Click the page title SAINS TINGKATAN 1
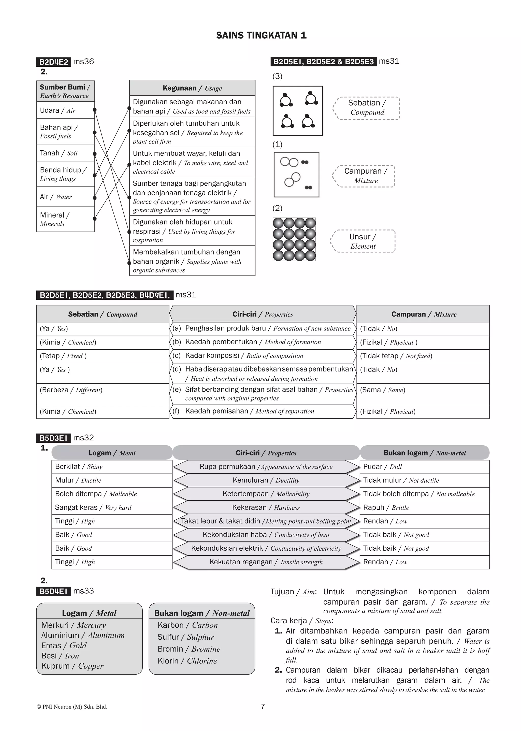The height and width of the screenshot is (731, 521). [261, 35]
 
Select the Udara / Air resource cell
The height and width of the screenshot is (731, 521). [65, 110]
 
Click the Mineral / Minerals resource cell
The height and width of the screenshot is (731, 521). [65, 219]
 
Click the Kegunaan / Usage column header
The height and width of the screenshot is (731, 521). [192, 88]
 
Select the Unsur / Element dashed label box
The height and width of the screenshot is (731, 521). [363, 241]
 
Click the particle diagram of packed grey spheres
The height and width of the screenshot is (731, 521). [294, 239]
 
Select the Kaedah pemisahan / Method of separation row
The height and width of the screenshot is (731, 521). [263, 411]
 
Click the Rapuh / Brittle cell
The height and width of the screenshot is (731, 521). [424, 507]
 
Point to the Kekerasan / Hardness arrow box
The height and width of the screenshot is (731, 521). [266, 507]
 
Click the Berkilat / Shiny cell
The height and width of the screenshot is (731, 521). [112, 467]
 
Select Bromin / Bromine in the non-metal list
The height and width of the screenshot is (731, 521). [189, 649]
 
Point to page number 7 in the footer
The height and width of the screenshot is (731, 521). [263, 706]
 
